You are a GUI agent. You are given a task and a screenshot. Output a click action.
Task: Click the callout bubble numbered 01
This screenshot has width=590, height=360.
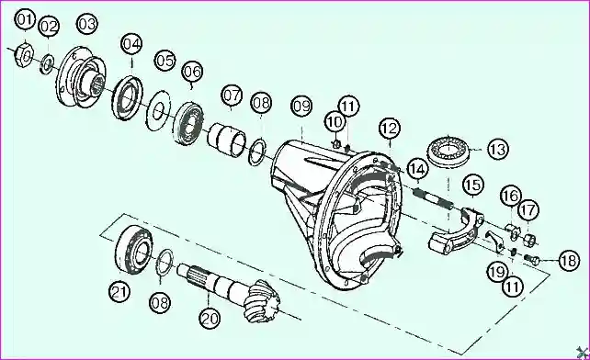[x=25, y=19]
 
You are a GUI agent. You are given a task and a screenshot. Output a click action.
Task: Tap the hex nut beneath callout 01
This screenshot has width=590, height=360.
[x=24, y=56]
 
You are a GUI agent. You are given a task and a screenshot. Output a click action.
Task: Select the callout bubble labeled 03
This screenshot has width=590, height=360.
[x=87, y=24]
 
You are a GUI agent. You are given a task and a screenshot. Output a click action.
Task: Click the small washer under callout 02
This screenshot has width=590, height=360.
[x=47, y=63]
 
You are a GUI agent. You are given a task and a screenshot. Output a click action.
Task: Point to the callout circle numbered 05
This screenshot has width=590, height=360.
[x=165, y=61]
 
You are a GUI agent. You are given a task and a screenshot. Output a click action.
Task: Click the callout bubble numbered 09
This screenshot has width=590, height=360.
[x=301, y=107]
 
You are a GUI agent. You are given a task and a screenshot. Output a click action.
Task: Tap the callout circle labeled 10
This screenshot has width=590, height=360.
[x=335, y=122]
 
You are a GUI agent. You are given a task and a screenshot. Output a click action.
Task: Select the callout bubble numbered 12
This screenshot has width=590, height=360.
[x=390, y=129]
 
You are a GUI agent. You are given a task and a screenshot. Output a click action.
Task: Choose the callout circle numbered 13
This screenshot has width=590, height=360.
[x=498, y=150]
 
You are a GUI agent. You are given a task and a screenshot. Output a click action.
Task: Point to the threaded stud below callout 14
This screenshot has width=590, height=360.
[x=432, y=199]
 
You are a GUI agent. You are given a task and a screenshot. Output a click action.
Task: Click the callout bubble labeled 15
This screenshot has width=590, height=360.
[x=473, y=186]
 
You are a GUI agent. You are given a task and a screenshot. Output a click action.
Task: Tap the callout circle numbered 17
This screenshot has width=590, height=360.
[x=528, y=210]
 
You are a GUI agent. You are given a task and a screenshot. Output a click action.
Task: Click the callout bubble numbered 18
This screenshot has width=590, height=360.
[x=569, y=261]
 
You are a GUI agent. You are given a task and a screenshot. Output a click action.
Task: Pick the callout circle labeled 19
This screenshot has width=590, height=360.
[x=498, y=272]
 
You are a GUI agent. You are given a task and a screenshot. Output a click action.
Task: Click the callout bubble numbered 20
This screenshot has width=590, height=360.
[x=210, y=320]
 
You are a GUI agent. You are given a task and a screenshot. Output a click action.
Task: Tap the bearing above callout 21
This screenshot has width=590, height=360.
[x=134, y=249]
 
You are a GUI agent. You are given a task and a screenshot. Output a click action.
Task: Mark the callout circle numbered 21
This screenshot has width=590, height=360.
[x=119, y=291]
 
